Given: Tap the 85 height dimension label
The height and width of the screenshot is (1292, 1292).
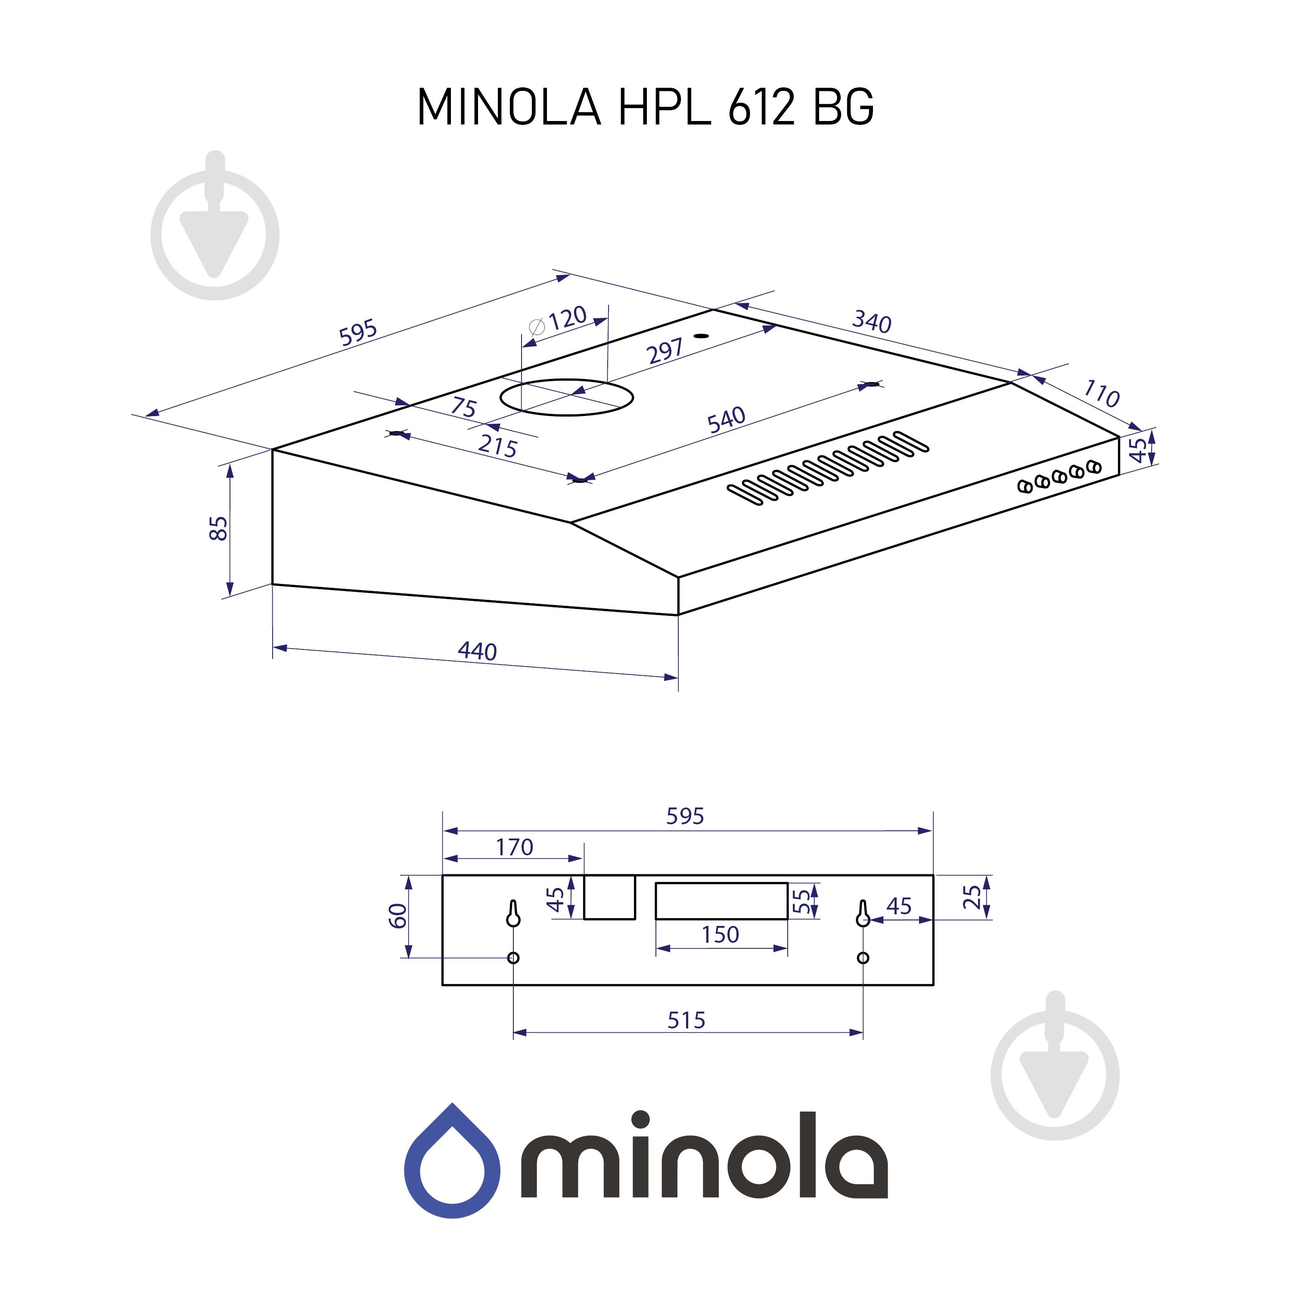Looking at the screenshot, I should (219, 528).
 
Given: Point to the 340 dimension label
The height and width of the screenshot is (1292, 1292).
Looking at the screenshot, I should (871, 322).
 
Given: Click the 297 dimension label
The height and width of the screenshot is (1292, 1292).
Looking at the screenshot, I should (665, 351).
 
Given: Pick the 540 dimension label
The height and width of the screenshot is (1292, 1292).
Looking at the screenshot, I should (726, 419).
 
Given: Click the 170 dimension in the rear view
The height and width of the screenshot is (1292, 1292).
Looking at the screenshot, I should (514, 847).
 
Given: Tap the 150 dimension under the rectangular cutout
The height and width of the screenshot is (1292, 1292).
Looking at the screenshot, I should (720, 934).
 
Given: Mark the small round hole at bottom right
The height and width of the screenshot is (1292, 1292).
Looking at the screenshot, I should (863, 958).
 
